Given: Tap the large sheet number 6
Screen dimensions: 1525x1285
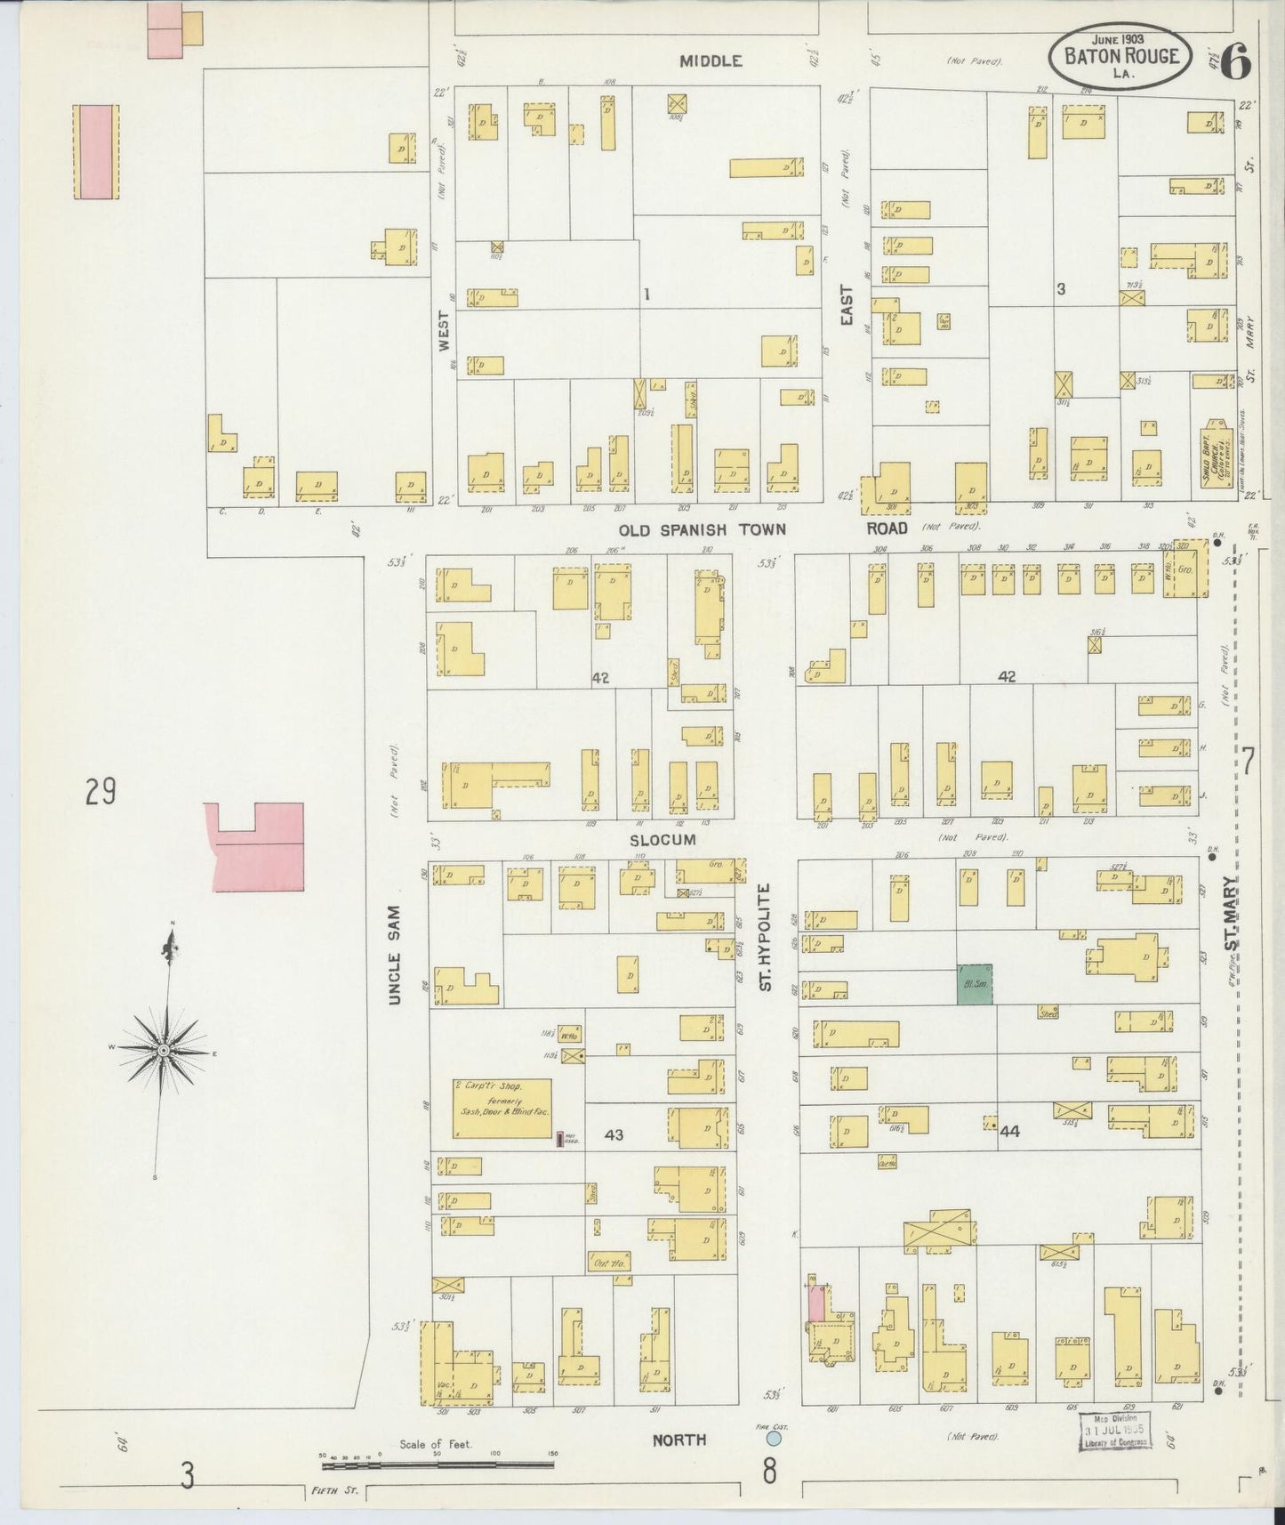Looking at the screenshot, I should click(1235, 61).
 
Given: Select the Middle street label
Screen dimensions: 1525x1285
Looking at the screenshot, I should click(711, 61).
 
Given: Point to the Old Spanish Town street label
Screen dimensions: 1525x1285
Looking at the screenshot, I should click(703, 529).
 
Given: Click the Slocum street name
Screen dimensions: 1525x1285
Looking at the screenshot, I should click(663, 839).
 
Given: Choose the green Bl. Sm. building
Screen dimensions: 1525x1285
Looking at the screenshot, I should click(974, 985).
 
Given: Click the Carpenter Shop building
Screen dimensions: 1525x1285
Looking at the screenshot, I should click(502, 1108).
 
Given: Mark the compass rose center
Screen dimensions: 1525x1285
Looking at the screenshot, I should click(165, 1051).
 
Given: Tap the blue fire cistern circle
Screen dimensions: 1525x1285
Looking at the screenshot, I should click(775, 1438).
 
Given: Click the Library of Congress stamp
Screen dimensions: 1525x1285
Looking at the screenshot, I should click(1115, 1430).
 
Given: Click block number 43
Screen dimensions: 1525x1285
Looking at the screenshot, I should click(614, 1134).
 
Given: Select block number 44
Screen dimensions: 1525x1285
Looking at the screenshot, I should click(1008, 1132).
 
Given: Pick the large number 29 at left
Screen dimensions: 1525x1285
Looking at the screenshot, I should click(101, 790).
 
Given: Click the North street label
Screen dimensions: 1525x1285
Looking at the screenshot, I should click(679, 1439).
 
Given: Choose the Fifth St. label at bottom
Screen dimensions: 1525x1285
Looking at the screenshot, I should click(334, 1490).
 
